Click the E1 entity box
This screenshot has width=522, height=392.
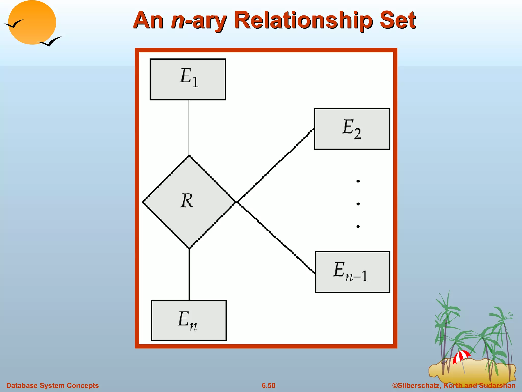(x=188, y=79)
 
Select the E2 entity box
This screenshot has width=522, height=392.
(x=352, y=129)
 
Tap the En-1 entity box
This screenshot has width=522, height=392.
(x=352, y=272)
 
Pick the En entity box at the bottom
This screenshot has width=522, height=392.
(x=189, y=321)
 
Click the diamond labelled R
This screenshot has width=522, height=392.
(x=189, y=202)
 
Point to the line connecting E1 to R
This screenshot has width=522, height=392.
(x=189, y=128)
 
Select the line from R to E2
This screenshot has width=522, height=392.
(x=275, y=165)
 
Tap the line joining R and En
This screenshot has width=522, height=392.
(x=189, y=274)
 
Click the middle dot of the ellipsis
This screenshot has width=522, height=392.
(x=358, y=204)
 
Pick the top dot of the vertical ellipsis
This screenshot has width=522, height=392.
(x=358, y=181)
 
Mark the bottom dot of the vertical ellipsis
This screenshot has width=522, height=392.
(x=358, y=226)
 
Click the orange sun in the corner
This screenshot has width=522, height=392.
(x=32, y=22)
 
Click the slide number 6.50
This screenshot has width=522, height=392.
(x=268, y=385)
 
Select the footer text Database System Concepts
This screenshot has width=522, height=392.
(x=53, y=385)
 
